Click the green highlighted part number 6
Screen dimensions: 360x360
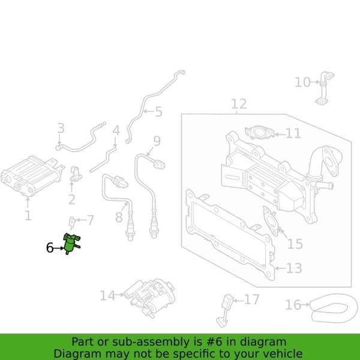71,244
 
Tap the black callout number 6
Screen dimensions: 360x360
50,248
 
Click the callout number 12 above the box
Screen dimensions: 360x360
239,104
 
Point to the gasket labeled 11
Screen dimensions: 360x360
260,132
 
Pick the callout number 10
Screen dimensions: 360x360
302,82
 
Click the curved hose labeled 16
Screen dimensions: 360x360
331,308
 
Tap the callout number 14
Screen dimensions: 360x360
107,296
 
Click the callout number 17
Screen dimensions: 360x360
251,299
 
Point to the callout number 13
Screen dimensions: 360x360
294,268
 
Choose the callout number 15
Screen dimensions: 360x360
295,244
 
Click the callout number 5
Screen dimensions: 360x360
158,112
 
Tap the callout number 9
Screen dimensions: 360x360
157,141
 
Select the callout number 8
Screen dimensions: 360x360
119,217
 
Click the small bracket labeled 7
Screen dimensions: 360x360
72,223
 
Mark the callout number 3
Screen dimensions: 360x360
61,128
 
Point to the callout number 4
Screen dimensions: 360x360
116,130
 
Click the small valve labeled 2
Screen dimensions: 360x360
76,174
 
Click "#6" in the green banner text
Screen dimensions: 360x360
214,342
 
